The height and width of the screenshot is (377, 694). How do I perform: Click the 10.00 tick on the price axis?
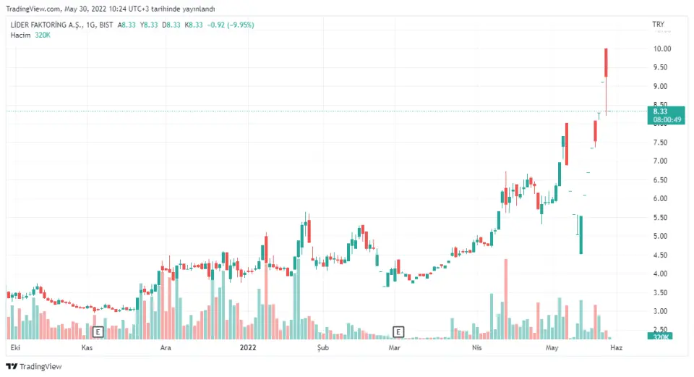pos(662,48)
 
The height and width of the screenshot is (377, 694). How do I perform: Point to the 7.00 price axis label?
pos(661,161)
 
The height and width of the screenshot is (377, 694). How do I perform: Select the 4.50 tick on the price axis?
pos(661,255)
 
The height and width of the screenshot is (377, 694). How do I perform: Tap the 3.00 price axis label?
pos(661,311)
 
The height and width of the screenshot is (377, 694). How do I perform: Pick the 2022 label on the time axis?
pos(248,348)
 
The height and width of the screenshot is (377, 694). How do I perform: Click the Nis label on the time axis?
pos(476,348)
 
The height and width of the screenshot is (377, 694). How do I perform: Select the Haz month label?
pos(617,348)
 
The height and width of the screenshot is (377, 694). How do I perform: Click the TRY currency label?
pos(658,25)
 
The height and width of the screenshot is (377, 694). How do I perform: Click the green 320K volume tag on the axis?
pos(661,337)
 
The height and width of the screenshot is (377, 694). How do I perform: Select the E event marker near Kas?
pos(99,331)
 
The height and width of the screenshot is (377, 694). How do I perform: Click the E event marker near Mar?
pos(398,331)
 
